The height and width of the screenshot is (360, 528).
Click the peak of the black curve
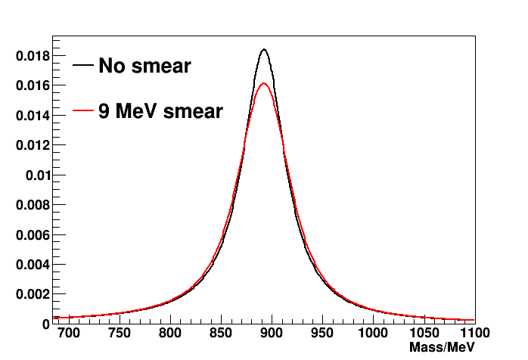(264, 50)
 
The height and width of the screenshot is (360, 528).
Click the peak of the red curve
(264, 83)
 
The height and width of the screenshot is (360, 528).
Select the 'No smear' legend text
(144, 67)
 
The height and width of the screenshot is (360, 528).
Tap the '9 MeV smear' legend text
(160, 112)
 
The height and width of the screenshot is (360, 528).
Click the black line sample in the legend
(83, 67)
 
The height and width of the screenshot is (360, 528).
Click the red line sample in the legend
(83, 112)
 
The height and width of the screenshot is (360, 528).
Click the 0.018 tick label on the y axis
(32, 56)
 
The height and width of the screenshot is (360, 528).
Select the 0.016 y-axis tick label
(32, 85)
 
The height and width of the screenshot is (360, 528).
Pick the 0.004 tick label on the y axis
(32, 264)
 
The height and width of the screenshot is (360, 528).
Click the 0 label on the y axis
(45, 324)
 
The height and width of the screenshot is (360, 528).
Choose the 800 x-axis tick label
(170, 333)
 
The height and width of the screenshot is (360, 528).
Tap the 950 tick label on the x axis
(322, 333)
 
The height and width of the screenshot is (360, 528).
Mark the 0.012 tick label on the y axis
(32, 145)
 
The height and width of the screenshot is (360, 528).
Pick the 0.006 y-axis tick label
(32, 234)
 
